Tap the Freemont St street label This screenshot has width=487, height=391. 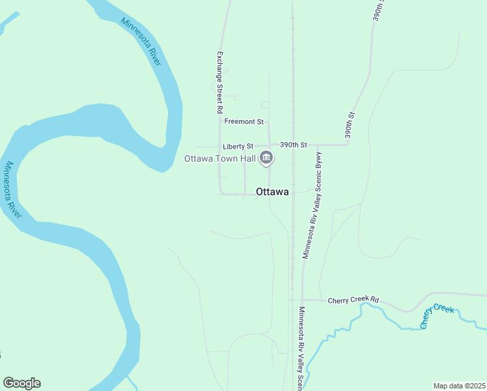pos(244,121)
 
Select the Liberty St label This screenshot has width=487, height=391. pos(236,147)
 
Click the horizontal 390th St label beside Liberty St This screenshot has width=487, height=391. pos(293,145)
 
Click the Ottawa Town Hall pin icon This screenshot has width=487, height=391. pos(266,158)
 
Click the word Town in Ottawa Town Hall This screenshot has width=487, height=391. pos(221,158)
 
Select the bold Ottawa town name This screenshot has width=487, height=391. pos(272,192)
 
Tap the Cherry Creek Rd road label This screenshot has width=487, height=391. pos(353,300)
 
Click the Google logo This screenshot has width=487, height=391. pos(21,383)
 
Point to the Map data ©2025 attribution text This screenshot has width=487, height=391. pos(458,386)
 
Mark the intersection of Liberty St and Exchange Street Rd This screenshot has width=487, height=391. pos(220,146)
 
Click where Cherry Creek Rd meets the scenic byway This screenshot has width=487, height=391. pos(303,300)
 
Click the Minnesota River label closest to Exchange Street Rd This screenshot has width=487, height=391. pos(141,41)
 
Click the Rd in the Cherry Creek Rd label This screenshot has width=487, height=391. pos(374,300)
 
